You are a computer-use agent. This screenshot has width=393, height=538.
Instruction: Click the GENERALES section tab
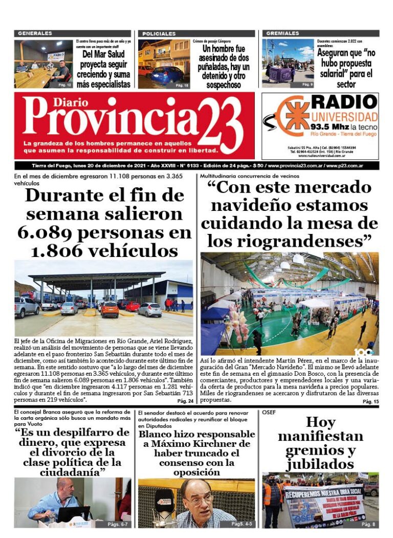35,33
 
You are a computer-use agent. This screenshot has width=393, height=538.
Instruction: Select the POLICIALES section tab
159,33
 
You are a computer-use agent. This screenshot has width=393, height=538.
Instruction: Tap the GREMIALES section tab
283,33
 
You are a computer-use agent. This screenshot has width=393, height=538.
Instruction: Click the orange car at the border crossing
110,309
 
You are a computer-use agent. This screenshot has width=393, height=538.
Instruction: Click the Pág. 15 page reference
370,402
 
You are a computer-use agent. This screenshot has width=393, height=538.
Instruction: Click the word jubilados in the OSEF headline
320,464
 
